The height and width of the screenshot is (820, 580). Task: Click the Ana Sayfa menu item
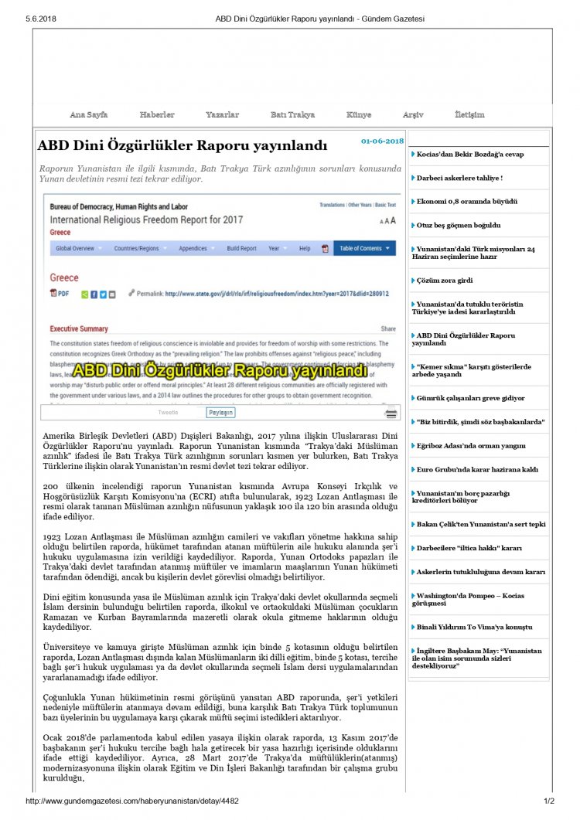(89, 115)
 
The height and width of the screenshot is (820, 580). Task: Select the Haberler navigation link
(157, 115)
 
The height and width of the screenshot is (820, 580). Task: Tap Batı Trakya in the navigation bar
(292, 115)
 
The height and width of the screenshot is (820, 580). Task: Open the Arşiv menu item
(413, 115)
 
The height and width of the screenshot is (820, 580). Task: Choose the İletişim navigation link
(469, 115)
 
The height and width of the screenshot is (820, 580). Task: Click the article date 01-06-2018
(382, 141)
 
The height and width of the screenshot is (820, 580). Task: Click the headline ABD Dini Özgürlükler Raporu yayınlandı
(183, 146)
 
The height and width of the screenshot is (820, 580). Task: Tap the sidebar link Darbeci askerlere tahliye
(459, 178)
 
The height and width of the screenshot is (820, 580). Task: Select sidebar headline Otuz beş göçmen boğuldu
(459, 225)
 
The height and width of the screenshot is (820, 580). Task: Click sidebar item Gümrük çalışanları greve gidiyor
(470, 398)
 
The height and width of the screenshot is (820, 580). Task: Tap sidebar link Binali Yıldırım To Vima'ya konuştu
(474, 627)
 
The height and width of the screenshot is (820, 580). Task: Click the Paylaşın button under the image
(220, 413)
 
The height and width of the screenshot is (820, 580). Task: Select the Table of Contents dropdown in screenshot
(365, 249)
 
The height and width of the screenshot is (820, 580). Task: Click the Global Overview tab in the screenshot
(75, 249)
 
